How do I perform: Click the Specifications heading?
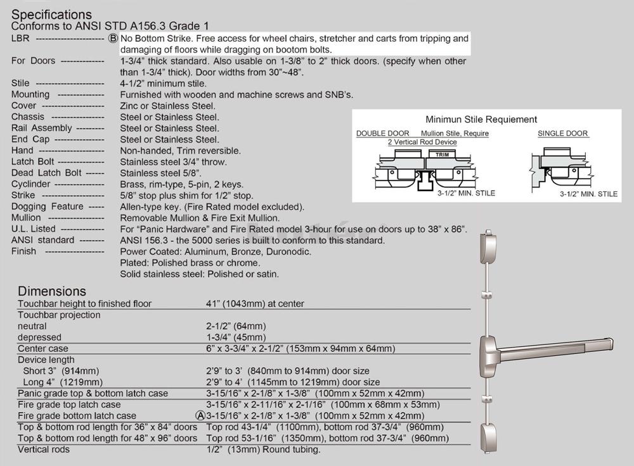(x=51, y=14)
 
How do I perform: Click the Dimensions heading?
(x=51, y=291)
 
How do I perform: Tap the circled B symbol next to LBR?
(x=113, y=39)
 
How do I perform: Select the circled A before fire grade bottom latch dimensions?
(x=200, y=416)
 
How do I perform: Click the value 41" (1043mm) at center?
(x=256, y=304)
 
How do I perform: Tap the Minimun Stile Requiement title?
(x=481, y=120)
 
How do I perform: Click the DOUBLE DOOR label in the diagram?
(x=383, y=134)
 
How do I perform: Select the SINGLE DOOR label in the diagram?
(x=563, y=134)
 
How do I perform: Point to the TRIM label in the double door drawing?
(x=443, y=154)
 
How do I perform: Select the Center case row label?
(x=43, y=349)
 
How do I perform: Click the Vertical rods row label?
(x=44, y=450)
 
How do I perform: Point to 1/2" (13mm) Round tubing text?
(x=264, y=450)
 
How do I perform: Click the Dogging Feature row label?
(x=48, y=207)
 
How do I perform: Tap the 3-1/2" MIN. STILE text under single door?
(x=588, y=194)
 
